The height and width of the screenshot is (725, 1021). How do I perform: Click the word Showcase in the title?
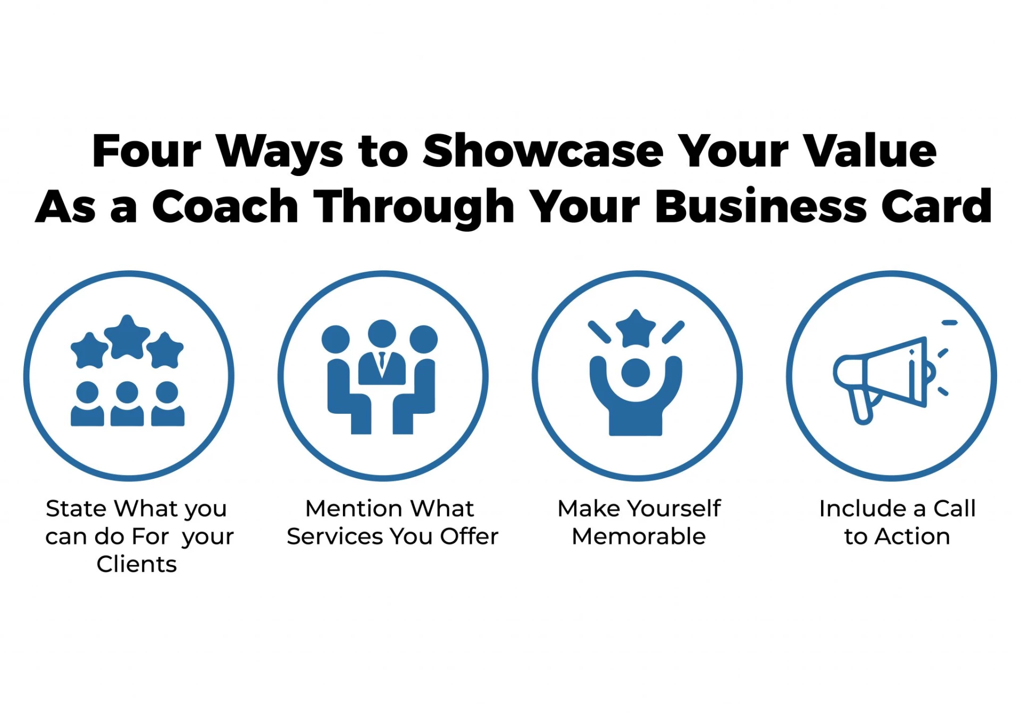tap(543, 151)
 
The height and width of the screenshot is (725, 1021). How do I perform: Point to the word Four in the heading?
tap(147, 151)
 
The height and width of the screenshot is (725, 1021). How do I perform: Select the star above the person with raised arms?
tap(635, 329)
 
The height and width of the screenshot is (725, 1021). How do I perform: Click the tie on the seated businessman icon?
tap(382, 362)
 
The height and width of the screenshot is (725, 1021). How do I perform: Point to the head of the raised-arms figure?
tap(635, 373)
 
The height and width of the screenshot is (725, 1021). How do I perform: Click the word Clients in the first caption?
tap(137, 564)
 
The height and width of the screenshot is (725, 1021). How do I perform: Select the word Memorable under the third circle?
tap(639, 536)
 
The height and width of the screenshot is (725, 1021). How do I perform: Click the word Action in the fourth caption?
tap(912, 536)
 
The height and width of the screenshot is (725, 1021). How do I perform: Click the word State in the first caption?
tap(76, 509)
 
